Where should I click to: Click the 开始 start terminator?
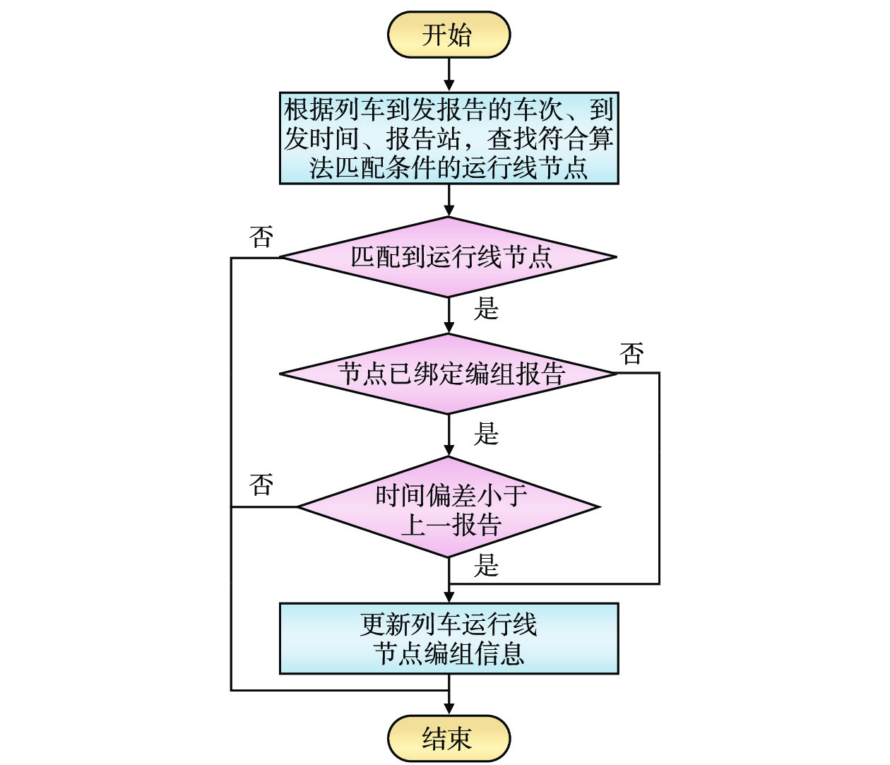(x=449, y=35)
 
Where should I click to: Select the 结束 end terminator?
(x=449, y=739)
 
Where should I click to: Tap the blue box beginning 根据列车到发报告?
(x=449, y=138)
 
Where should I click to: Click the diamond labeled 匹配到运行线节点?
(x=449, y=257)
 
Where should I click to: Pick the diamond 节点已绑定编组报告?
(x=449, y=374)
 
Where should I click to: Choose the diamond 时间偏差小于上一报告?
(x=449, y=507)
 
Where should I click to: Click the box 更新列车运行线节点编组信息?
(x=449, y=639)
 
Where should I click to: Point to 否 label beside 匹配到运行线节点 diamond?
(x=261, y=237)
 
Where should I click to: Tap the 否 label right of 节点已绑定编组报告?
(x=632, y=353)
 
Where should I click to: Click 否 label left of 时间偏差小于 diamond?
(x=261, y=485)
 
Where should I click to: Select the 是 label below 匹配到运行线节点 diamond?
(x=486, y=309)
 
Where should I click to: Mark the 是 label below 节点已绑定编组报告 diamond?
(x=486, y=434)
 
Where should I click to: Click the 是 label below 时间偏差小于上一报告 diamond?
(x=486, y=566)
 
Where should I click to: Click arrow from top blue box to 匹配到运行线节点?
(x=449, y=201)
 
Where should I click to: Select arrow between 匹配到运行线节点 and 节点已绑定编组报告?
(x=449, y=316)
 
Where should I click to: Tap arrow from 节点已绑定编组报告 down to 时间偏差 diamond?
(x=449, y=435)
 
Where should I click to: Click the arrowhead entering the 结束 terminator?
(x=449, y=708)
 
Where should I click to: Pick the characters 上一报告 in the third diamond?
(x=451, y=525)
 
